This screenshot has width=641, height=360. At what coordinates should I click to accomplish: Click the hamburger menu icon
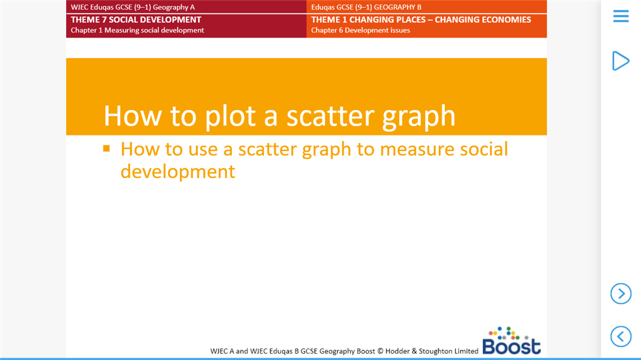[x=620, y=16]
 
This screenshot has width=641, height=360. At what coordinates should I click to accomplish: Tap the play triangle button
[x=620, y=60]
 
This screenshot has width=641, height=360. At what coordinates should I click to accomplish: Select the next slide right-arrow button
[x=620, y=293]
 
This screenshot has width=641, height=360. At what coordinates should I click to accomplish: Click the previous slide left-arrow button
[x=620, y=336]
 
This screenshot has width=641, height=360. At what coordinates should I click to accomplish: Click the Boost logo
[x=512, y=341]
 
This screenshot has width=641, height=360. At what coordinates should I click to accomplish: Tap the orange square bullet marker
[x=107, y=149]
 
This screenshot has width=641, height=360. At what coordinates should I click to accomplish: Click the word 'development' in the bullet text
[x=178, y=172]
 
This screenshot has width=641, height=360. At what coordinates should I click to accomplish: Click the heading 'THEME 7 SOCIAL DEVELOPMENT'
[x=136, y=20]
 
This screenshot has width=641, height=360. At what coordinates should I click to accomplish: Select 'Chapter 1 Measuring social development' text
[x=137, y=30]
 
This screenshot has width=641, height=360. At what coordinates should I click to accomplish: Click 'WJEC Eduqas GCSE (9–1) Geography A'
[x=133, y=7]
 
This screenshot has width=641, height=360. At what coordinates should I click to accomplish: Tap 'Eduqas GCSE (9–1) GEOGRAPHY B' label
[x=366, y=7]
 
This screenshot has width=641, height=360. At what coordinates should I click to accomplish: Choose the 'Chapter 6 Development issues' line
[x=360, y=30]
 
